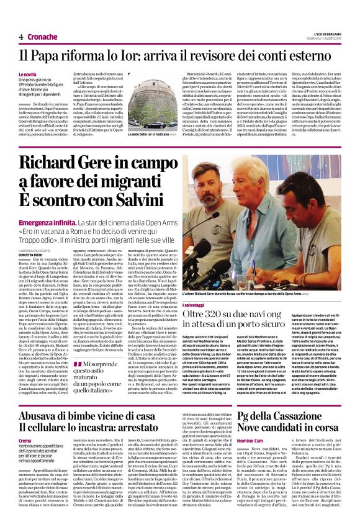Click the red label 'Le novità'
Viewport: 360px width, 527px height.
27,74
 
